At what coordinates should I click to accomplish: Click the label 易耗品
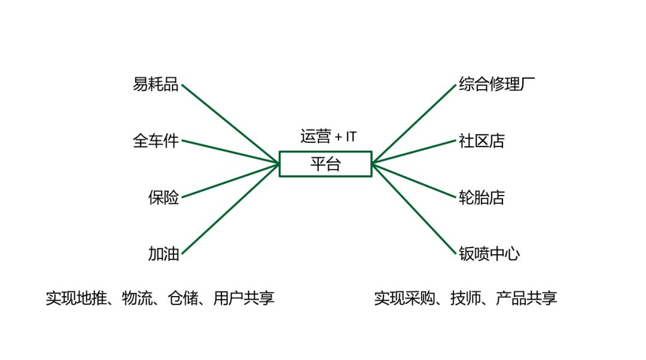tap(156, 84)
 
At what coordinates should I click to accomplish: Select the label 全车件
tap(156, 141)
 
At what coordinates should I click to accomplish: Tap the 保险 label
tap(163, 197)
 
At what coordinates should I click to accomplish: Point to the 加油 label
tap(163, 254)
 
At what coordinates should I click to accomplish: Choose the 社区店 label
tap(482, 141)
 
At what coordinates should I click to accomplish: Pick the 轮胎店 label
tap(482, 197)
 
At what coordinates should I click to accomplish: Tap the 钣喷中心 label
tap(489, 254)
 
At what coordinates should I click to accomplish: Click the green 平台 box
tap(325, 164)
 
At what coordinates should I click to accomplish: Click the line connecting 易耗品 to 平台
tap(230, 123)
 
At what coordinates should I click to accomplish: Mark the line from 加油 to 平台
tap(230, 208)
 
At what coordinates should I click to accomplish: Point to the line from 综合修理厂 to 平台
tap(414, 123)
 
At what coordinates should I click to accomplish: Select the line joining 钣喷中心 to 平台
tap(414, 209)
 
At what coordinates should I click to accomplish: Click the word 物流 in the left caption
tap(136, 298)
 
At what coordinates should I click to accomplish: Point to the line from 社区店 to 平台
tap(414, 151)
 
